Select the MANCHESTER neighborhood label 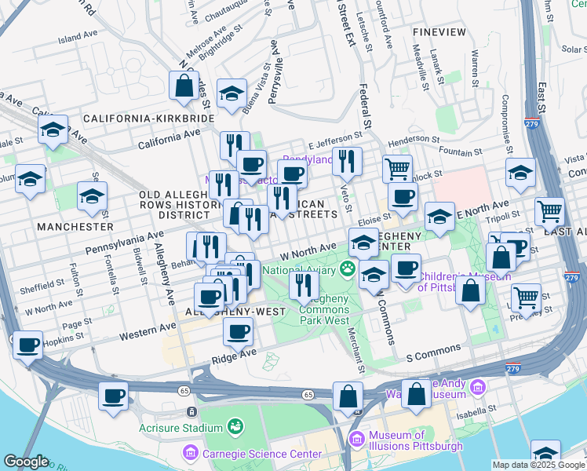point(75,226)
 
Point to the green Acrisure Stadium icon point(233,426)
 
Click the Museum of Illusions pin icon point(357,438)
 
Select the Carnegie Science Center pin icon point(188,453)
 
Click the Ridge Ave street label point(234,356)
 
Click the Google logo point(26,462)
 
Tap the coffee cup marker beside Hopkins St point(27,345)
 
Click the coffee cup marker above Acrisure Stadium point(113,395)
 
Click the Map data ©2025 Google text point(538,465)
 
